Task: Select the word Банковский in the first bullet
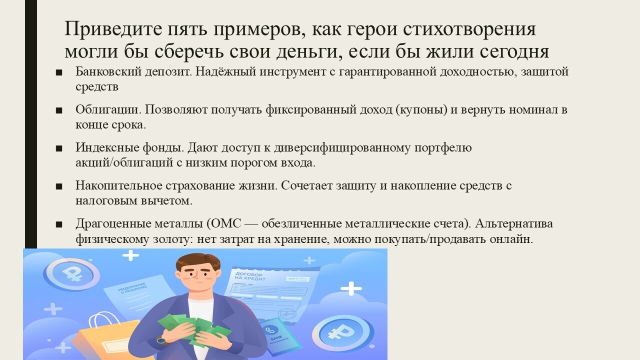pos(108,71)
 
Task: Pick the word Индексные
pos(107,147)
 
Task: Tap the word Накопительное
pos(119,185)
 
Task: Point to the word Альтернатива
pos(514,223)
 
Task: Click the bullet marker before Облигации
pos(59,110)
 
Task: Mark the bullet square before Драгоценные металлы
pos(59,224)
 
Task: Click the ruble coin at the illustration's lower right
pos(343,333)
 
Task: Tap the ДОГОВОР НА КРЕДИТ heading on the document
pos(249,277)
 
